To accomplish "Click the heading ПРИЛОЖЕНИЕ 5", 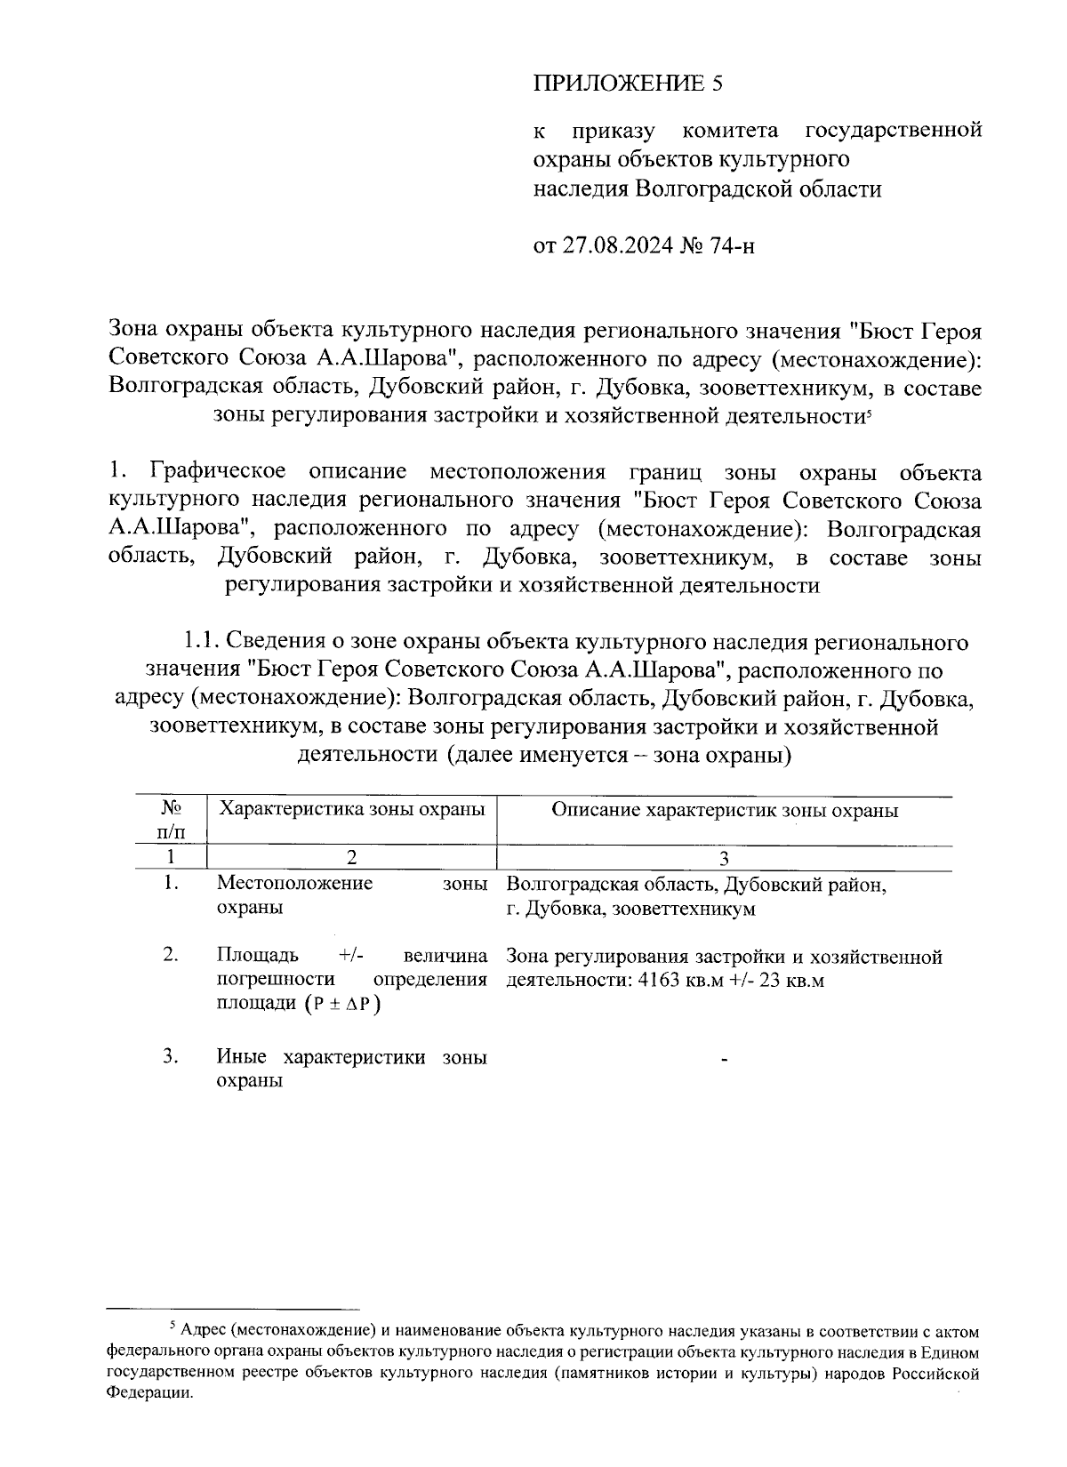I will coord(629,84).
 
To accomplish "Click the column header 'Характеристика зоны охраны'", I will coord(352,810).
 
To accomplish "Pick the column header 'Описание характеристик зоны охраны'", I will coord(724,810).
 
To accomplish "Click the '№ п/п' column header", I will coord(171,820).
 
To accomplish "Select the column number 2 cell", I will coord(352,857).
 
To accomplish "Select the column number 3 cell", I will coord(724,858).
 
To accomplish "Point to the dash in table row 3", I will coord(725,1060).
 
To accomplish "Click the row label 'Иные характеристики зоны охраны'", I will coord(351,1069).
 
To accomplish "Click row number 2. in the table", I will coord(172,955).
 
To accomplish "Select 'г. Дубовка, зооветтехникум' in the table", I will coord(630,909).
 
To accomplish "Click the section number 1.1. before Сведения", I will coord(202,641).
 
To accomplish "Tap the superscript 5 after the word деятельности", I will coord(867,413).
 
